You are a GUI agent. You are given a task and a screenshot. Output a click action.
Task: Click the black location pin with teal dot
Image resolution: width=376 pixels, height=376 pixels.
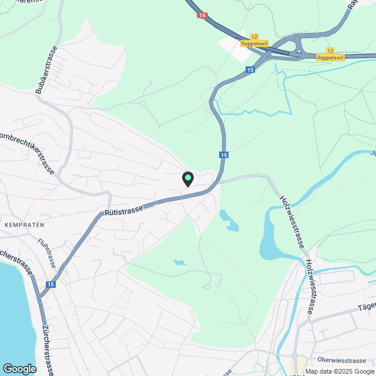[187, 179]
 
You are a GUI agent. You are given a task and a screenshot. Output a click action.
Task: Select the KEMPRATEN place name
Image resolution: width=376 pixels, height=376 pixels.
[24, 225]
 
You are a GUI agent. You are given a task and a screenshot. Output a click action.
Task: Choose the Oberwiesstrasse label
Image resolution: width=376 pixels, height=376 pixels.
[341, 360]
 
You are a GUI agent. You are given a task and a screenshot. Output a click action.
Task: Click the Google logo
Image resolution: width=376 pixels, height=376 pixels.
[19, 368]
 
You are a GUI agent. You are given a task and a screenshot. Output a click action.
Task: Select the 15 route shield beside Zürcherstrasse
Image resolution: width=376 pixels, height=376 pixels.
[51, 284]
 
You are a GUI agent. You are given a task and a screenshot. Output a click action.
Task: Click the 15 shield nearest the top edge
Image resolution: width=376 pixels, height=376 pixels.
[203, 15]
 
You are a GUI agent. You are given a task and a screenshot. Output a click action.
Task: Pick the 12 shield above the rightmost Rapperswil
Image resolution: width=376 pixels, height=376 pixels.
[330, 51]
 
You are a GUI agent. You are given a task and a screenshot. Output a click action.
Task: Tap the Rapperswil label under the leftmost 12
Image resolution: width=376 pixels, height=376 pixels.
[254, 43]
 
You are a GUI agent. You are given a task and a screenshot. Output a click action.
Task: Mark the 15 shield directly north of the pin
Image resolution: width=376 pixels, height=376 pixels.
[224, 155]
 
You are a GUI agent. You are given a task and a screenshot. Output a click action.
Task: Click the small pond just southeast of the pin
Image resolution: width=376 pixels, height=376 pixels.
[229, 220]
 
